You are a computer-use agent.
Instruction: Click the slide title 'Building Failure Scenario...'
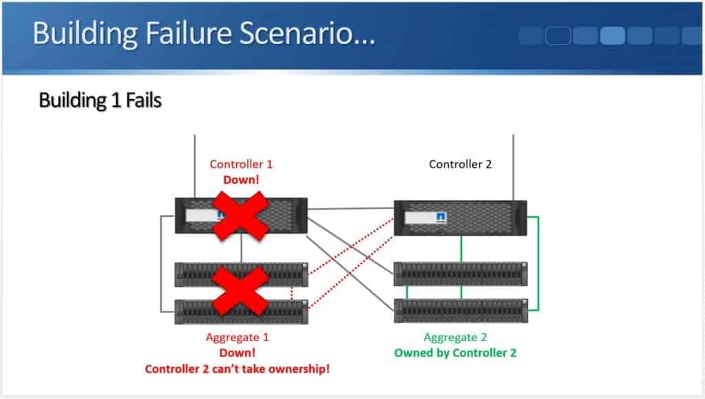click(x=204, y=33)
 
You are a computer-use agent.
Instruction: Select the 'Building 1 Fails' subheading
click(x=100, y=100)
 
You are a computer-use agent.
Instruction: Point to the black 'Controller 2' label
click(x=460, y=164)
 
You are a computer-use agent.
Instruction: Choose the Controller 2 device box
click(x=460, y=218)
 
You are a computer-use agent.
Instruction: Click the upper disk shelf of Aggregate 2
click(x=460, y=274)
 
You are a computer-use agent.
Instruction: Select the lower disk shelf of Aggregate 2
click(x=460, y=310)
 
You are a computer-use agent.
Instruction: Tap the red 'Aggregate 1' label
click(x=238, y=338)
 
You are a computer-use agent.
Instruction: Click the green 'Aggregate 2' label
click(x=455, y=338)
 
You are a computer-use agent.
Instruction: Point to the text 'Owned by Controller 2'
click(x=455, y=353)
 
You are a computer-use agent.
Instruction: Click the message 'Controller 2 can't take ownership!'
click(x=238, y=369)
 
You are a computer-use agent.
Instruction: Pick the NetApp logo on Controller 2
click(x=441, y=218)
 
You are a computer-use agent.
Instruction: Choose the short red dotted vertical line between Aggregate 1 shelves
click(x=292, y=294)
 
